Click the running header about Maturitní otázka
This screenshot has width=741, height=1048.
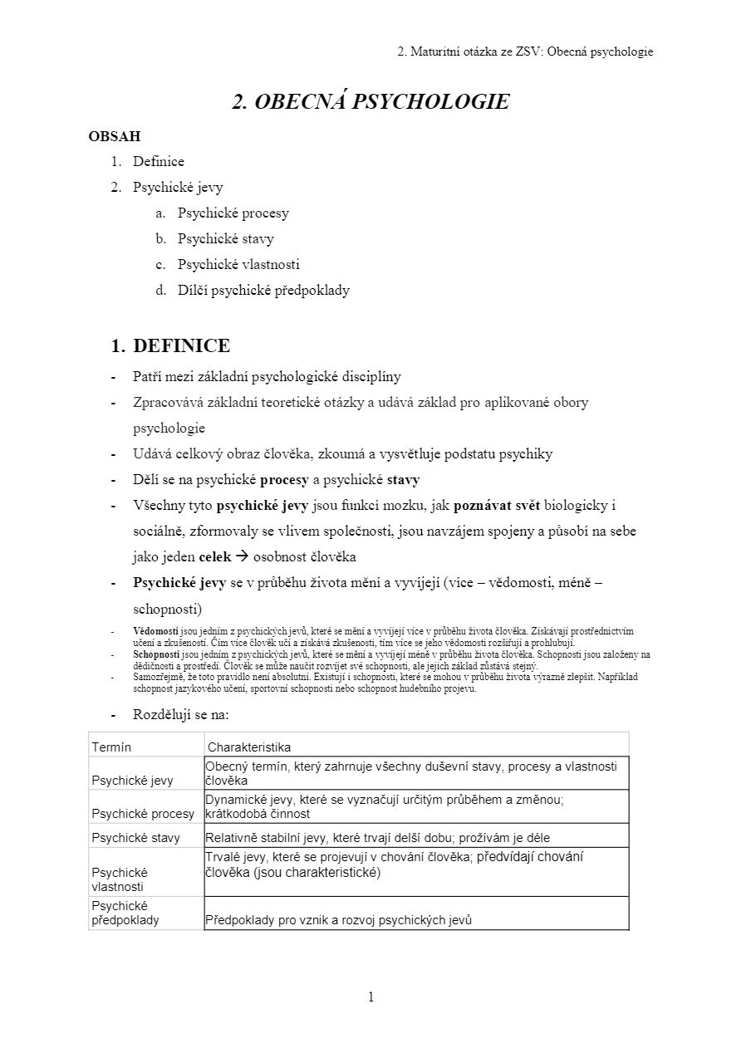525,51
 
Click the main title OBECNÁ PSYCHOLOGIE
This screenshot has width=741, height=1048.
370,101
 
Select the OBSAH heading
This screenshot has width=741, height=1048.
115,135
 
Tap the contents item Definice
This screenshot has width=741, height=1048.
158,161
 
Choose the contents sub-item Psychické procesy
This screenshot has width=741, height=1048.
233,213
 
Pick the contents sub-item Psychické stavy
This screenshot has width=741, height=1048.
225,239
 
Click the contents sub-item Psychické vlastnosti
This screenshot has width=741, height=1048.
238,265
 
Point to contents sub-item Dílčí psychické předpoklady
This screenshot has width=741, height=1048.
263,291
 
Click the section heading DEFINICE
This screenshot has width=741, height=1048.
181,345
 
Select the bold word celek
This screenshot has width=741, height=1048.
215,557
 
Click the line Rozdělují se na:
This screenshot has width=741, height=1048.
180,714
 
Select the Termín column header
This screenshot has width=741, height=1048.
111,747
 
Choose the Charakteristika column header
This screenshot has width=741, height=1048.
249,747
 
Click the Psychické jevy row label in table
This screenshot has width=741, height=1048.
132,781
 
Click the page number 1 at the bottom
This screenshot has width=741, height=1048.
370,997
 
